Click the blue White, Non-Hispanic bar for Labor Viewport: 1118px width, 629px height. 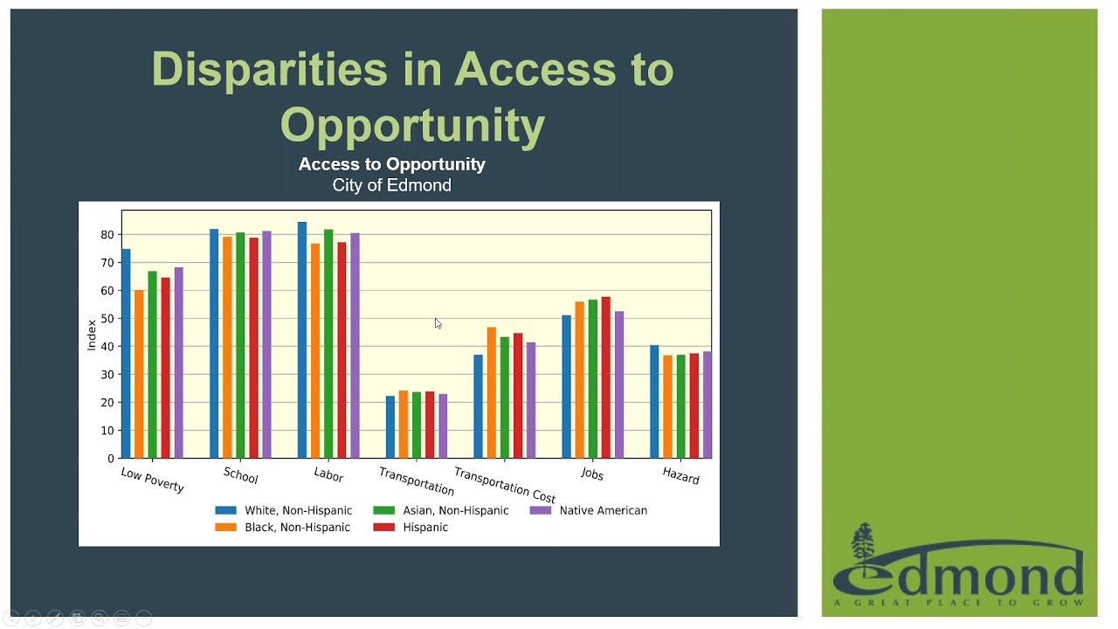[302, 341]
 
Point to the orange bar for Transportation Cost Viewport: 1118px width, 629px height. [492, 393]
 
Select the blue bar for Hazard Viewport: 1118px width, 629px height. [654, 402]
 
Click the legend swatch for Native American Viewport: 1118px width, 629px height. [541, 510]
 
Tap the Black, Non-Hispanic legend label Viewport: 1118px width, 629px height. [297, 528]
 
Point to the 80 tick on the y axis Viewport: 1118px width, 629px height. [107, 235]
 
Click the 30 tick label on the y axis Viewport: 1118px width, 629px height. [107, 375]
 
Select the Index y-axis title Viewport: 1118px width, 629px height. [92, 335]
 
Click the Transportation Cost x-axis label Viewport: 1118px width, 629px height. [504, 485]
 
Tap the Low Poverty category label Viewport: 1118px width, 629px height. [153, 480]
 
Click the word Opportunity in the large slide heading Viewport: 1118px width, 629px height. [412, 125]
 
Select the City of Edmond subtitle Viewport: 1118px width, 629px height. [391, 185]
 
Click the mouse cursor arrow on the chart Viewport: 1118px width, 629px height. [438, 323]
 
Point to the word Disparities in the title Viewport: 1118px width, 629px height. [269, 69]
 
